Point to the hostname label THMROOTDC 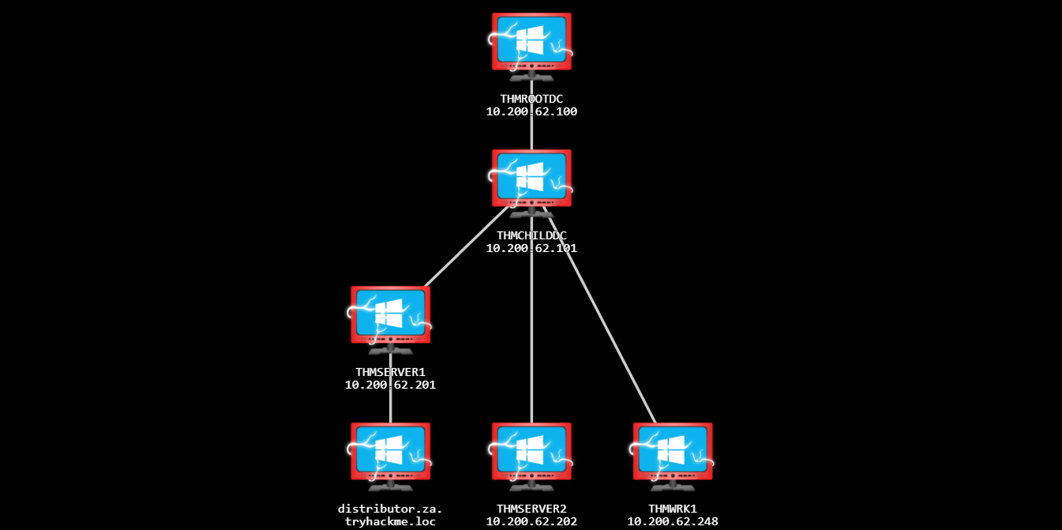(x=531, y=99)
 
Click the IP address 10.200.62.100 (x=531, y=111)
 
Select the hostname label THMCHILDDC (x=531, y=235)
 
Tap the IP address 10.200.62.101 (x=531, y=248)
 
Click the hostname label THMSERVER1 (x=391, y=372)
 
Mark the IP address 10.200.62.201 (x=391, y=385)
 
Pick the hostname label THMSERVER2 (x=531, y=509)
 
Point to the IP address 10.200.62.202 (x=531, y=521)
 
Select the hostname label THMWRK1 (x=672, y=509)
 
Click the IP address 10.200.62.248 (x=672, y=521)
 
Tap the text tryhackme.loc (x=391, y=521)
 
